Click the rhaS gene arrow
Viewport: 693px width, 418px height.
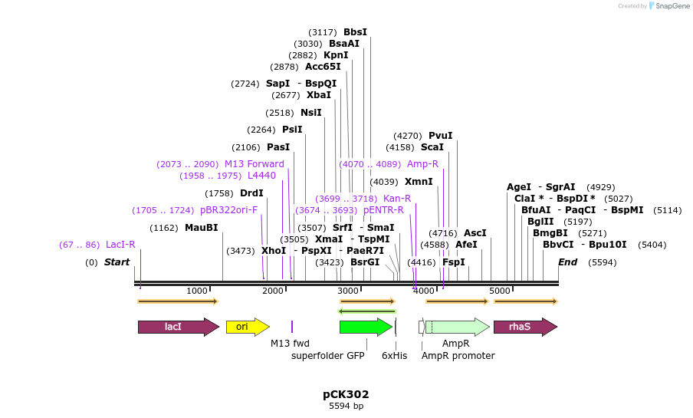pyautogui.click(x=524, y=327)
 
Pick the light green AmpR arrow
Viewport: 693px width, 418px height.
pyautogui.click(x=458, y=327)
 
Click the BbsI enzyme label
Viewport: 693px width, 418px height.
pyautogui.click(x=355, y=32)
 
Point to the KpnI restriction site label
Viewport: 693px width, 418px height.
pyautogui.click(x=336, y=55)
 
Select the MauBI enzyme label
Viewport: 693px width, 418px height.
pyautogui.click(x=202, y=228)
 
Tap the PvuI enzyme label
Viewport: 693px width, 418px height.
pyautogui.click(x=440, y=136)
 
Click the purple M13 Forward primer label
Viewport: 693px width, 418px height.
pyautogui.click(x=254, y=164)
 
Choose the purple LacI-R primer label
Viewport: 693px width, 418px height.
pyautogui.click(x=120, y=245)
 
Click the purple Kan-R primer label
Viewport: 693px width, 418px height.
pyautogui.click(x=397, y=199)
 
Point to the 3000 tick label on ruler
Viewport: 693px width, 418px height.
pyautogui.click(x=349, y=291)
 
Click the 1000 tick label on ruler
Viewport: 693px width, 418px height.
pyautogui.click(x=197, y=291)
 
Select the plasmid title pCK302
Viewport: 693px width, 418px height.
pyautogui.click(x=346, y=394)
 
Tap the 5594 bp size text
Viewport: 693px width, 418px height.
pyautogui.click(x=346, y=406)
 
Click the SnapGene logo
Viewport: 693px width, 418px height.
pyautogui.click(x=667, y=6)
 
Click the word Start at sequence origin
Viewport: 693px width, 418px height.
pyautogui.click(x=117, y=262)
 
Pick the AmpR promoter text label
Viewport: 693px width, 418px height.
pyautogui.click(x=458, y=356)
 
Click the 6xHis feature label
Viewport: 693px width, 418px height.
pyautogui.click(x=395, y=356)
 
